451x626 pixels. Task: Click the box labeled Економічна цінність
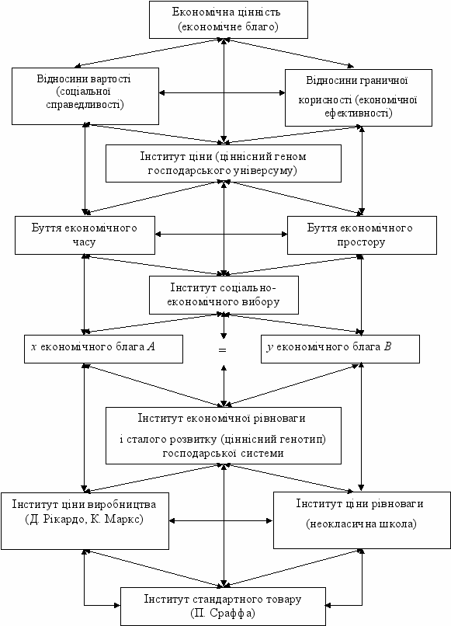[x=228, y=19]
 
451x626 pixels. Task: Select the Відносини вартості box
[x=85, y=96]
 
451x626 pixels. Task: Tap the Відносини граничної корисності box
[x=359, y=98]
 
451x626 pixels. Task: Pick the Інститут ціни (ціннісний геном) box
[x=224, y=163]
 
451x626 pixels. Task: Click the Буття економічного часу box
[x=85, y=235]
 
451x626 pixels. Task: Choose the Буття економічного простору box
[x=362, y=235]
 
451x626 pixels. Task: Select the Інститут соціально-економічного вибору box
[x=224, y=295]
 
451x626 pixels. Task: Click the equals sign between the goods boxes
[x=222, y=350]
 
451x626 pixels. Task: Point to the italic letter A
[x=151, y=346]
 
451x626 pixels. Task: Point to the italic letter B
[x=387, y=346]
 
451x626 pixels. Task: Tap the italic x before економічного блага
[x=34, y=347]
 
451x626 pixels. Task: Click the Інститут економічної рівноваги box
[x=224, y=436]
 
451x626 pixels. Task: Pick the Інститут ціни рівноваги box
[x=362, y=520]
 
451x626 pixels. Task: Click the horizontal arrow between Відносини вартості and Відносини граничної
[x=222, y=93]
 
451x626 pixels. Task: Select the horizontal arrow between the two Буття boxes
[x=221, y=235]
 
